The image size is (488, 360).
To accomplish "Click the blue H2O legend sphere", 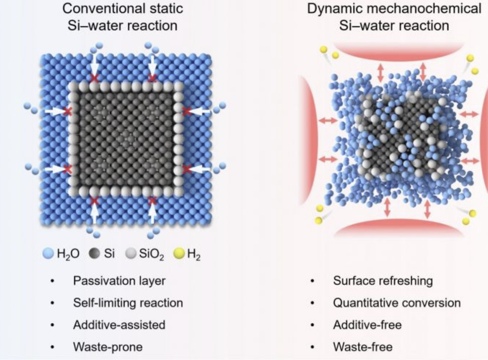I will (48, 254).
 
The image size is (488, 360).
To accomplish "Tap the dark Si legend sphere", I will (95, 254).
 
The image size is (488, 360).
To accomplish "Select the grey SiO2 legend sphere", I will (131, 254).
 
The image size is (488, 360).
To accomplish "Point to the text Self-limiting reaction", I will (128, 303).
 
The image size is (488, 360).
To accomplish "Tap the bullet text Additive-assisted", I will (119, 325).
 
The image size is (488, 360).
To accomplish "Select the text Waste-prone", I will (108, 347).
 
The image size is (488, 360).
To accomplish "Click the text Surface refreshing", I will (383, 281).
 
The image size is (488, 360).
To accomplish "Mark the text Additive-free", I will (367, 325).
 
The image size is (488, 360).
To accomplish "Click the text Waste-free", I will (363, 347).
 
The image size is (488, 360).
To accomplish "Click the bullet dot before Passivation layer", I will (53, 282).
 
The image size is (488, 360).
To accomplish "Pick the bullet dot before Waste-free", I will (313, 348).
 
